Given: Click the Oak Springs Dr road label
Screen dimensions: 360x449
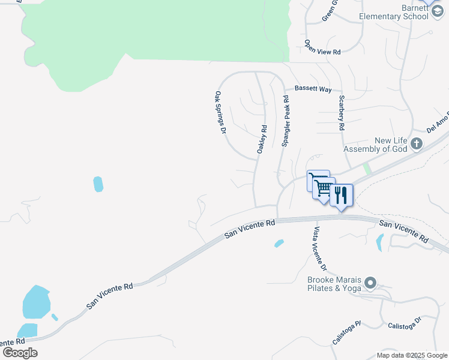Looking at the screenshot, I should click(x=220, y=112).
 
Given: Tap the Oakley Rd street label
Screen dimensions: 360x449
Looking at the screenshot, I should click(x=262, y=139).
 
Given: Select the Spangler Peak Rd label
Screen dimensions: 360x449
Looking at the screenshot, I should click(x=286, y=124).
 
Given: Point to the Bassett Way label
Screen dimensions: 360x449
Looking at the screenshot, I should click(x=313, y=89).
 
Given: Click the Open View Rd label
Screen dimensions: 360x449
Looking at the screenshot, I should click(x=322, y=48).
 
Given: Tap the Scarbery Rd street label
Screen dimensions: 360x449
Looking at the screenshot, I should click(x=341, y=113).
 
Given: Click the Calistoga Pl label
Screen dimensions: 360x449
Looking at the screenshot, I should click(x=346, y=333).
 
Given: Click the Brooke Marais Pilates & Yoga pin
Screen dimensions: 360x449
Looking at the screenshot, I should click(x=370, y=282).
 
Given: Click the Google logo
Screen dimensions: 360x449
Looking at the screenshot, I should click(x=20, y=352).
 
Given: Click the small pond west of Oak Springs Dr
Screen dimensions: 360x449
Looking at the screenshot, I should click(x=98, y=184).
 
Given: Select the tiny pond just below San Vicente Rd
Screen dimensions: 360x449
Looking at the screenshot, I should click(x=279, y=243).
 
